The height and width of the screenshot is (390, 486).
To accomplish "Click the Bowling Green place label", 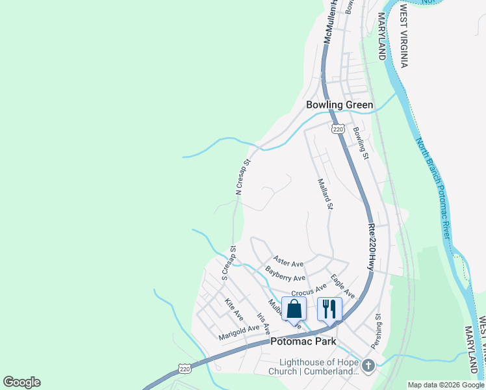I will coord(340,105).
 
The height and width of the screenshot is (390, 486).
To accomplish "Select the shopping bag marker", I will coord(294,309).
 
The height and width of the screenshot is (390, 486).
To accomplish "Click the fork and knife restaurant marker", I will coord(329,309).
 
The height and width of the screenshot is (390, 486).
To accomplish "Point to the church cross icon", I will coord(369,365).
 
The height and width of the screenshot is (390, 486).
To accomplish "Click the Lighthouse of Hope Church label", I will coord(318,367).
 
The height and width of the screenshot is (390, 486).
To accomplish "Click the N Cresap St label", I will coord(242,177).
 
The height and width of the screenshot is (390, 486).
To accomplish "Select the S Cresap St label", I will coord(227,263).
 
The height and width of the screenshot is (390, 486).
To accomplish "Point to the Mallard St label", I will coord(326,194).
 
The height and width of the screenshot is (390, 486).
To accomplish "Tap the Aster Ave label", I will coord(288,262).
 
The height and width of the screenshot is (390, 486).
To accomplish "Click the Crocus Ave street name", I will coord(309,289).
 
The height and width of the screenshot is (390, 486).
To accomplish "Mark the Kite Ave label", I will coord(234,309).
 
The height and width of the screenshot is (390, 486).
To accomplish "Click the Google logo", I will coord(21,382).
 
